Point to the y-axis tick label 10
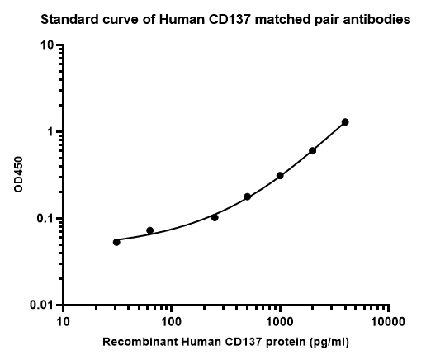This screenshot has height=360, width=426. tap(48, 45)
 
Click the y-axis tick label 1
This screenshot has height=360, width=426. tap(52, 132)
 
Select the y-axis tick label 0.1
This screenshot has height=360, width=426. tap(46, 219)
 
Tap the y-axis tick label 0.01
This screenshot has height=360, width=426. tap(43, 306)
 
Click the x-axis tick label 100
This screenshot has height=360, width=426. tap(171, 321)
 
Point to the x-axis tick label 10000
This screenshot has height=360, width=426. tap(388, 321)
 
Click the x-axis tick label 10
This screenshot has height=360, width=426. tap(63, 321)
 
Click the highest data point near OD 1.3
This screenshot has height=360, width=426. tap(345, 122)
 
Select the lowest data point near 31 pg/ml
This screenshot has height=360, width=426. tap(116, 242)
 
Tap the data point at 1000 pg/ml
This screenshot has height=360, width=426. tap(280, 176)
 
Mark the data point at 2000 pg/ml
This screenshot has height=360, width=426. tap(313, 151)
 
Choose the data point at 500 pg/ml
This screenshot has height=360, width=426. tap(247, 197)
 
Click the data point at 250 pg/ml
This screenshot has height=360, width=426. tap(215, 217)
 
